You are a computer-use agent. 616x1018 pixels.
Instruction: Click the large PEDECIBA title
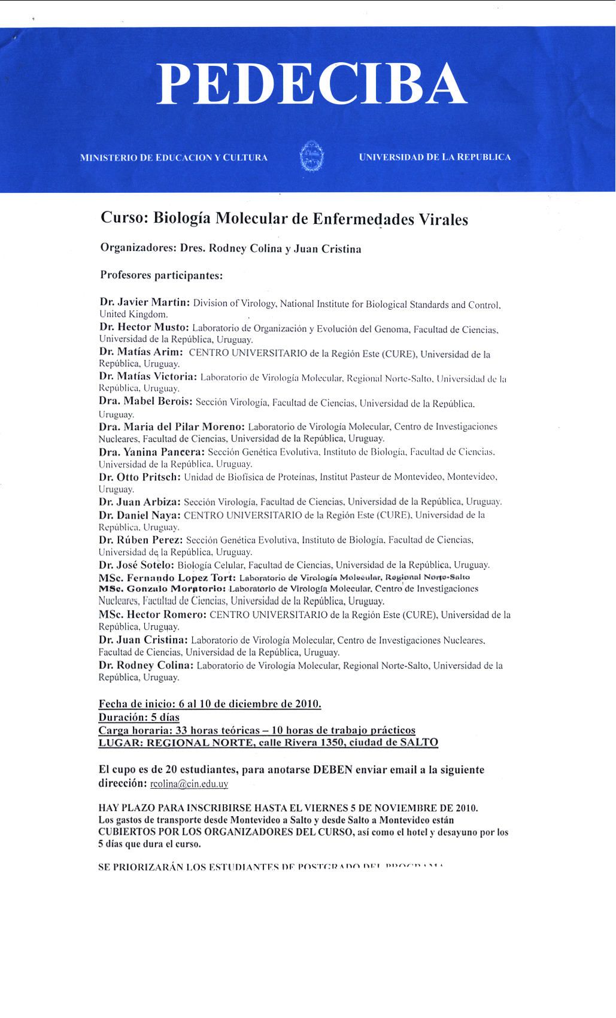pyautogui.click(x=311, y=84)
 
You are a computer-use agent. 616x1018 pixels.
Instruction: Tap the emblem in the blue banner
pyautogui.click(x=311, y=157)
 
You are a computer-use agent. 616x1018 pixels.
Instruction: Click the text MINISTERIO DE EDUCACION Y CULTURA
pyautogui.click(x=174, y=157)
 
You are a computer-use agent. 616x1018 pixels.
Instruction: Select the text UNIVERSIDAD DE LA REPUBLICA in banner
pyautogui.click(x=435, y=157)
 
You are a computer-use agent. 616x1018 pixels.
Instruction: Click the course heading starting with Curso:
pyautogui.click(x=284, y=219)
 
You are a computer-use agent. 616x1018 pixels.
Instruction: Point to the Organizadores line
pyautogui.click(x=230, y=249)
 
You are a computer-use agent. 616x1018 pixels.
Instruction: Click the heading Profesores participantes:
pyautogui.click(x=161, y=275)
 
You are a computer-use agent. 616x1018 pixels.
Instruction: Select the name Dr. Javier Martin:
pyautogui.click(x=144, y=302)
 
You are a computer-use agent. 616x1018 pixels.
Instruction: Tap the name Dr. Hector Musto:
pyautogui.click(x=144, y=328)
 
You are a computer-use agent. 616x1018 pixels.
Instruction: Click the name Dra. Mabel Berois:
pyautogui.click(x=145, y=401)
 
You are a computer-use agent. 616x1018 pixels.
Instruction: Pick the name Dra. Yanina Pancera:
pyautogui.click(x=151, y=452)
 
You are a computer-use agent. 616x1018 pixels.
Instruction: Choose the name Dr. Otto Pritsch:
pyautogui.click(x=139, y=477)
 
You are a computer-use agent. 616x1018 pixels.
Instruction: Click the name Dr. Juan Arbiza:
pyautogui.click(x=139, y=502)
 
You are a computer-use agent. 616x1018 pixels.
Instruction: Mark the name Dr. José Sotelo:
pyautogui.click(x=136, y=565)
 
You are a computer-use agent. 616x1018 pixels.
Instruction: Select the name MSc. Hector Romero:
pyautogui.click(x=153, y=614)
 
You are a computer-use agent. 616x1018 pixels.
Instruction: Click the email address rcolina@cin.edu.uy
pyautogui.click(x=189, y=784)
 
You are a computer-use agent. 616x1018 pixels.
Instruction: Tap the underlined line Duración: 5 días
pyautogui.click(x=139, y=717)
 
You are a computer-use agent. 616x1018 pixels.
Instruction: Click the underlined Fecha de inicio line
pyautogui.click(x=210, y=704)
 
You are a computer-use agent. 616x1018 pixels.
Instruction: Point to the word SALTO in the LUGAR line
pyautogui.click(x=419, y=743)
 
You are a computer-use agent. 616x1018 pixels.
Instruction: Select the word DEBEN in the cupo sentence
pyautogui.click(x=333, y=769)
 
